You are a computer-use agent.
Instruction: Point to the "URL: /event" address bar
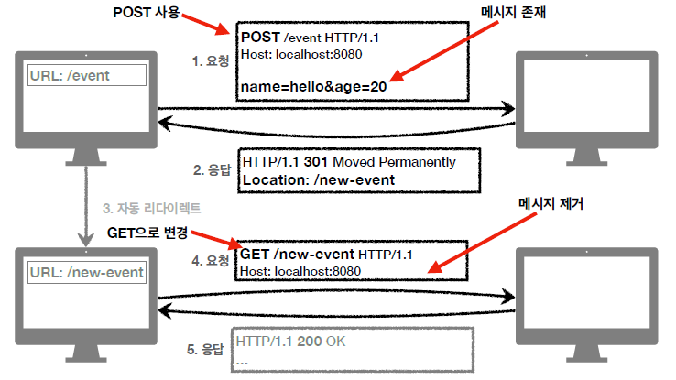86,76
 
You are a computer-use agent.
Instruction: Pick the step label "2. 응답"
212,169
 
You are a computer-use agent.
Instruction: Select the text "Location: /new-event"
318,179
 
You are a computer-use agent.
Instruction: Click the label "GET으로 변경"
149,232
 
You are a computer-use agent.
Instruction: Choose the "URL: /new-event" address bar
86,272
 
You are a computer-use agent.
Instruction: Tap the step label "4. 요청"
211,261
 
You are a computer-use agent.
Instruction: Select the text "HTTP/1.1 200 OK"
292,342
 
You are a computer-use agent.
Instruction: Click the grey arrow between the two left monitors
85,206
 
